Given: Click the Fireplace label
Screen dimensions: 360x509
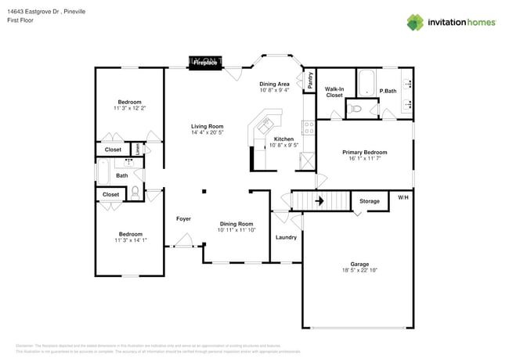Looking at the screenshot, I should [206, 63].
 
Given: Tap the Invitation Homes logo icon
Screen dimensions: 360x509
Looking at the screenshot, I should [417, 22].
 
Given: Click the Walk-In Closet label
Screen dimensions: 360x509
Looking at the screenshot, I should [334, 92].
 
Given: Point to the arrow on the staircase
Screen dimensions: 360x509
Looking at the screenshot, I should [319, 201].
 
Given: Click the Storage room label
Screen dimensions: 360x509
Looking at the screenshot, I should [369, 201].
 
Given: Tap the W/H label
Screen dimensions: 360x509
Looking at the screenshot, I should [403, 196].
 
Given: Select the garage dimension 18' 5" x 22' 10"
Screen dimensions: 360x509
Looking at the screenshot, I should [359, 270].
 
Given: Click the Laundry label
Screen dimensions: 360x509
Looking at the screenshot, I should [286, 236].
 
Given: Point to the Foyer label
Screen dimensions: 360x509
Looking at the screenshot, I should [183, 218].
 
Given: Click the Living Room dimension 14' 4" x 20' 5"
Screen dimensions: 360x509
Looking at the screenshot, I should [208, 133].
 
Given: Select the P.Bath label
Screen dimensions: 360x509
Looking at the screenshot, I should [387, 92].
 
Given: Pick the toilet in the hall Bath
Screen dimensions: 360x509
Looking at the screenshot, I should [135, 190].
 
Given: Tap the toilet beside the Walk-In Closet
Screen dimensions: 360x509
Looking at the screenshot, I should [356, 110].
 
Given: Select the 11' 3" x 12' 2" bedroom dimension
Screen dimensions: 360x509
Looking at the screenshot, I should [130, 109].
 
